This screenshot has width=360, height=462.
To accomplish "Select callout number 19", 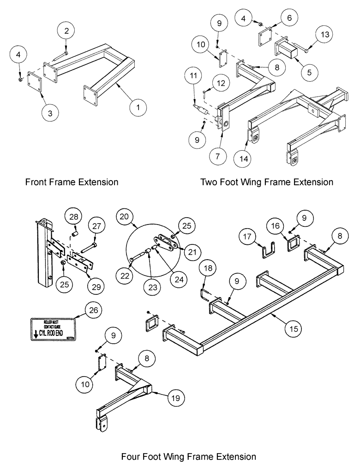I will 178,397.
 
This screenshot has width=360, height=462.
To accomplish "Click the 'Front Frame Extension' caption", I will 72,182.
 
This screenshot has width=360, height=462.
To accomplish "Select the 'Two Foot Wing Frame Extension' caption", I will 266,182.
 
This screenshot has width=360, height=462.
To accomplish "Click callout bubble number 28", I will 74,217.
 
